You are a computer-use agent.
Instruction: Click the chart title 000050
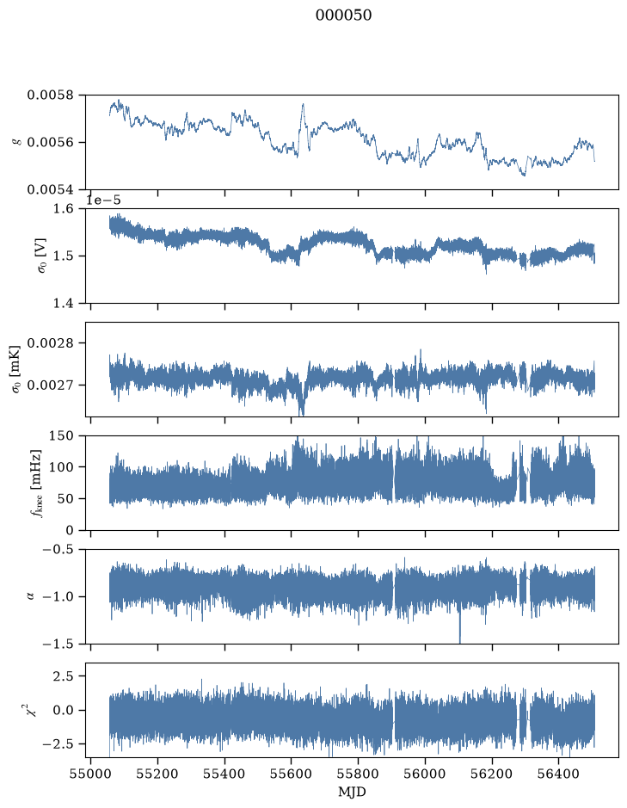(x=343, y=15)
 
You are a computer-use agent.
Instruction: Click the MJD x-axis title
(x=352, y=792)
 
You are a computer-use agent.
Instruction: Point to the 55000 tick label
(x=90, y=774)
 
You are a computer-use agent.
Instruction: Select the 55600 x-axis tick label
(x=291, y=774)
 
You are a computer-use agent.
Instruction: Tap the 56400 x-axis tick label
(x=559, y=774)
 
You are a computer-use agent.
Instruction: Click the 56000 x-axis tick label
(x=425, y=774)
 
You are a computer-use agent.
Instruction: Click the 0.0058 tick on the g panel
(x=51, y=96)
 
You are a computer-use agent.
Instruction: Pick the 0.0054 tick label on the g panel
(x=51, y=190)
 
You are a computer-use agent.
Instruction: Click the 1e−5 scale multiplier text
(x=103, y=200)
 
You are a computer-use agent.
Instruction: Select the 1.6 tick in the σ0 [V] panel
(x=64, y=209)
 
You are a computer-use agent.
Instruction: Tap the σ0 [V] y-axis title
(x=43, y=256)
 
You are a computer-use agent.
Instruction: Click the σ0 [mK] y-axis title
(x=16, y=369)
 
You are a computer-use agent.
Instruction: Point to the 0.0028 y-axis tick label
(x=51, y=343)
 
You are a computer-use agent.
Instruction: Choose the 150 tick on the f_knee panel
(x=61, y=436)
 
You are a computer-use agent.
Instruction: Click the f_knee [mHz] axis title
(x=36, y=483)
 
